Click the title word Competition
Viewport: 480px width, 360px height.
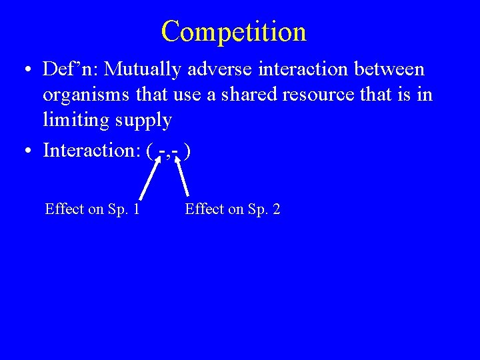pos(233,31)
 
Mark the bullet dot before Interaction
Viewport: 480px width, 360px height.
pos(25,151)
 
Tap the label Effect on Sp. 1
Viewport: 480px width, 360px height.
pos(92,209)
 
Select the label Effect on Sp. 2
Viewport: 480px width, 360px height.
pos(233,209)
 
